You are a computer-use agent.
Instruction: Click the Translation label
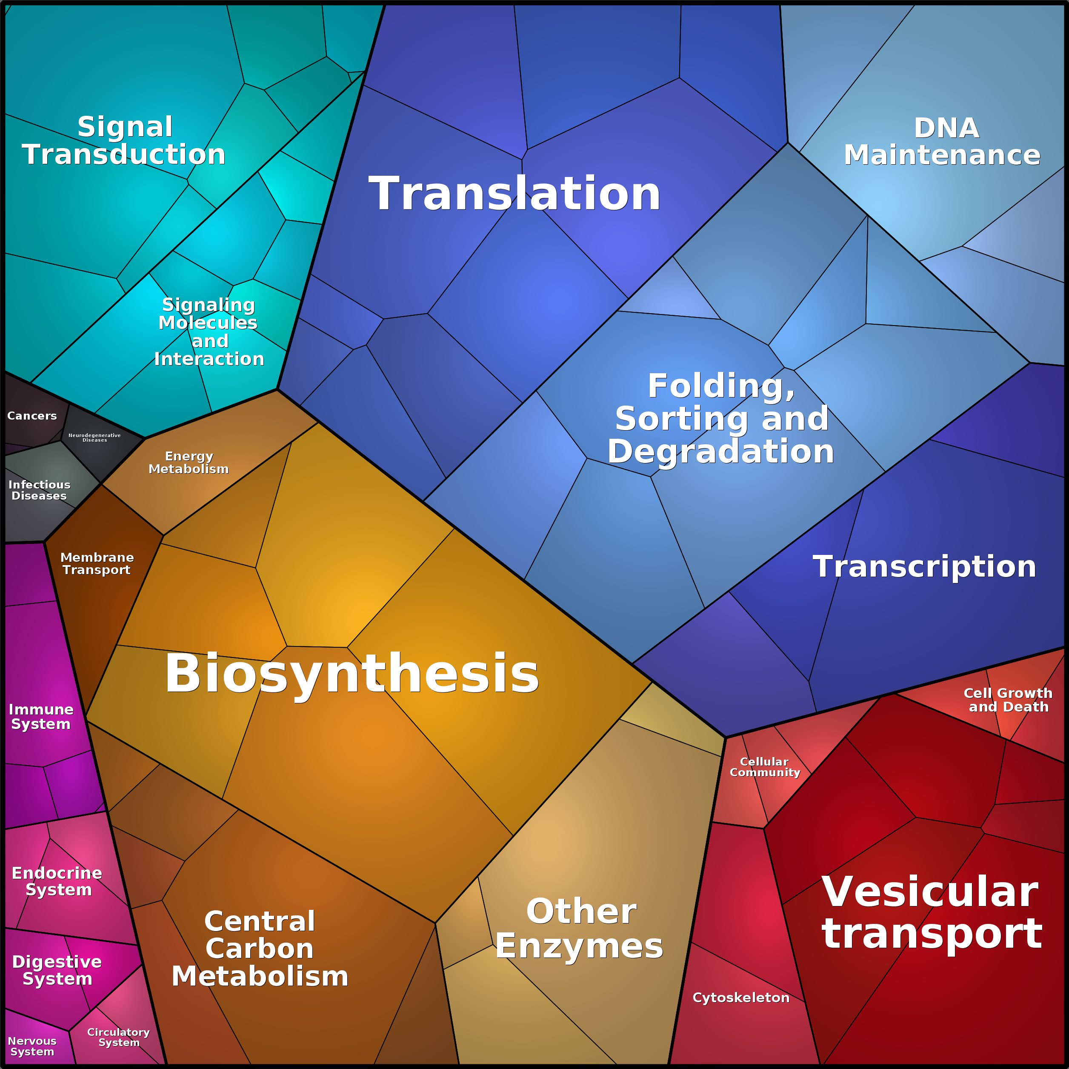514,194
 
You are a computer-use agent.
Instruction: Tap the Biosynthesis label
352,674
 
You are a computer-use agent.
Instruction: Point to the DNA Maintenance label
942,142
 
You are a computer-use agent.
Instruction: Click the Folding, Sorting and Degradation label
721,419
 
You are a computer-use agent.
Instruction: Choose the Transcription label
924,566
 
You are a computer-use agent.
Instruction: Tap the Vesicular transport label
932,912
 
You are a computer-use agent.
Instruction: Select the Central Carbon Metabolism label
260,949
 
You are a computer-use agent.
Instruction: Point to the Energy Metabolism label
189,463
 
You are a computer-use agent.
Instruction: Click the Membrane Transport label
97,563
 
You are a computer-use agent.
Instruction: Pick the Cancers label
32,415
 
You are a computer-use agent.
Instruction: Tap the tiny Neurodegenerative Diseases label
94,437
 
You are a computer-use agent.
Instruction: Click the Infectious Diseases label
39,490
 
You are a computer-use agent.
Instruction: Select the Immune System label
41,717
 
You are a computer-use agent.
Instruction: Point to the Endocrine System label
57,881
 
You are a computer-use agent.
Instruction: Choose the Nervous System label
32,1046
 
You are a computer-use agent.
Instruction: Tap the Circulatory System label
118,1037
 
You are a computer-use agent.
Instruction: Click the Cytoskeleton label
741,998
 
